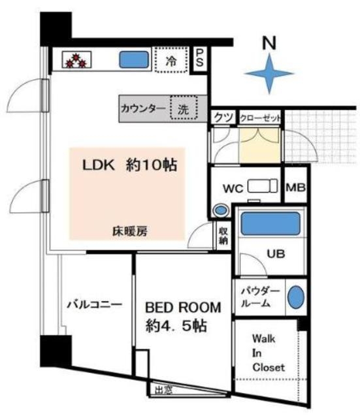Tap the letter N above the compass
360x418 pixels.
click(269, 42)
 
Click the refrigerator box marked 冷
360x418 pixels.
click(171, 62)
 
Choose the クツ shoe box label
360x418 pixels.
click(221, 118)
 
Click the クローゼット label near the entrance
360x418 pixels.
click(261, 118)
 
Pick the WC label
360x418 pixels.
click(233, 188)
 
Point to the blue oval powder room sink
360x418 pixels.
click(296, 298)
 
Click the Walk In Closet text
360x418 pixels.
click(269, 353)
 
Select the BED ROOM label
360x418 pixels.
click(183, 307)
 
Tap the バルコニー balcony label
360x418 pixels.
click(95, 304)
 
